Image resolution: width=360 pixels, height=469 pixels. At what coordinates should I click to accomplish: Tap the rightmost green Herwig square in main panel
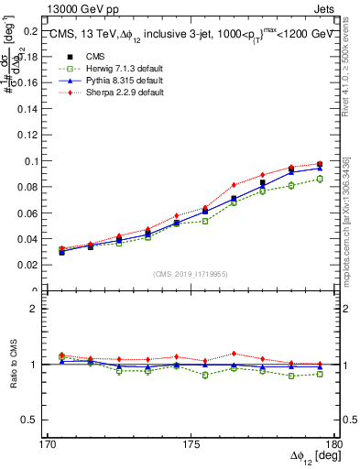tap(320, 179)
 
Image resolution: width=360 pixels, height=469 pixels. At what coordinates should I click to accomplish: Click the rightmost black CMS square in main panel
tap(320, 164)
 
